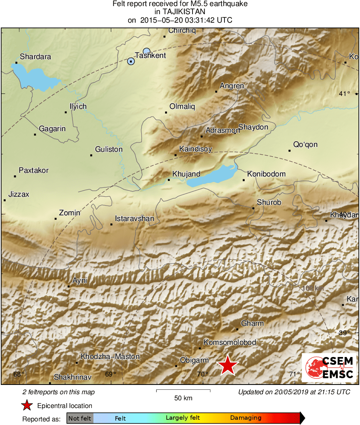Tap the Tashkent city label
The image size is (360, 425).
click(150, 55)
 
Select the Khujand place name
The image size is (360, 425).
click(186, 174)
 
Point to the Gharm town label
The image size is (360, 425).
click(252, 323)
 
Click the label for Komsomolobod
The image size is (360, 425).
click(229, 342)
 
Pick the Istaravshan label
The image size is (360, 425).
click(134, 219)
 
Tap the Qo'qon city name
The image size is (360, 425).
click(305, 144)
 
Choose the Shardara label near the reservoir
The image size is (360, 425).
click(36, 57)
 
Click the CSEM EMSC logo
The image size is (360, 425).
click(329, 368)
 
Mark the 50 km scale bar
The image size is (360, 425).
click(183, 391)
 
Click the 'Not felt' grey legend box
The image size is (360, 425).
click(80, 418)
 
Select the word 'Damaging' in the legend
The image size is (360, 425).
click(246, 418)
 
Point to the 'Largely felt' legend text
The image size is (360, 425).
click(181, 418)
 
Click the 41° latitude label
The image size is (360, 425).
click(344, 94)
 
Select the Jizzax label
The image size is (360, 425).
click(19, 194)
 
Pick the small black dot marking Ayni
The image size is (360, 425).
click(69, 287)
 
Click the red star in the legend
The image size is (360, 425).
click(27, 406)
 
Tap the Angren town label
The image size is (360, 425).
click(232, 86)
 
